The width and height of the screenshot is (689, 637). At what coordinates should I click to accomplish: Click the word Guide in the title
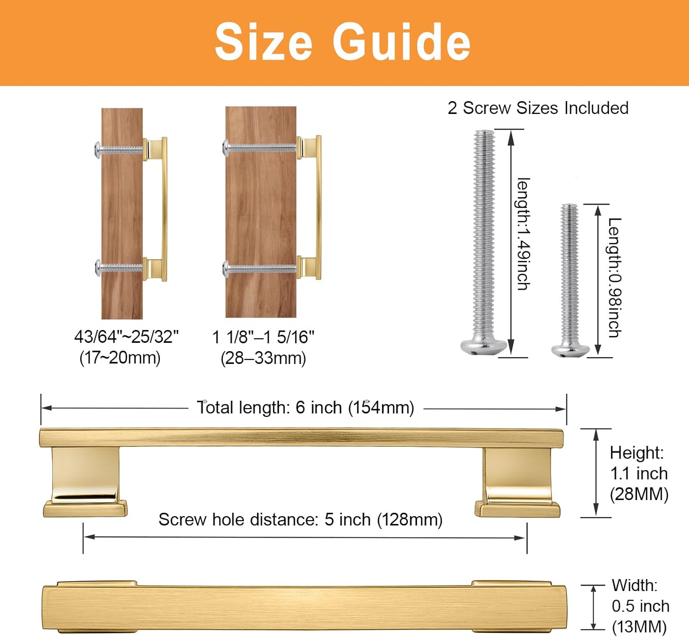tap(401, 42)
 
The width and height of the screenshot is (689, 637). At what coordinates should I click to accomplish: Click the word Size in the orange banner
tap(264, 42)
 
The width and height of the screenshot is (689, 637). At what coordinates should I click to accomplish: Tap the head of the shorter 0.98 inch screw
tap(570, 350)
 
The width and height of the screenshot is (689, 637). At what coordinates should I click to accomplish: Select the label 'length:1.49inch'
tap(524, 233)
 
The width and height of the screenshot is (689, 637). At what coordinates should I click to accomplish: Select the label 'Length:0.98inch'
tap(615, 277)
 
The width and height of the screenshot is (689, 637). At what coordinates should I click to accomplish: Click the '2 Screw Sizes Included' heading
tap(538, 108)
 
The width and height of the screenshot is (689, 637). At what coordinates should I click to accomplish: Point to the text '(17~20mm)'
tap(120, 358)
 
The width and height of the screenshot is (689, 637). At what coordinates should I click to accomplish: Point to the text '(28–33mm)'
tap(263, 358)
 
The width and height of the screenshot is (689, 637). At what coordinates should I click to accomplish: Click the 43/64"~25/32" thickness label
tap(126, 336)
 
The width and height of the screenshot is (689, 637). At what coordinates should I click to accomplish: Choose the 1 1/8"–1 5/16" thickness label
tap(263, 337)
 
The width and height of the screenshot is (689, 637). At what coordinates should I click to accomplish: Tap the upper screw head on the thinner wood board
tap(98, 150)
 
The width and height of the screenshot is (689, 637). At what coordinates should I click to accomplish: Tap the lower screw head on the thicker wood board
tap(226, 269)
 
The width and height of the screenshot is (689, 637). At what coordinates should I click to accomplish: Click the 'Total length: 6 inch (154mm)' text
tap(305, 407)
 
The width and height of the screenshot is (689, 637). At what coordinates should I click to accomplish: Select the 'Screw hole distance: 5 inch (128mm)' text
tap(300, 519)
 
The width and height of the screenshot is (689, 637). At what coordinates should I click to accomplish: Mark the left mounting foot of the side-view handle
tap(85, 482)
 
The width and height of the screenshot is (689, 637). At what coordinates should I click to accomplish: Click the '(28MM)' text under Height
tap(639, 494)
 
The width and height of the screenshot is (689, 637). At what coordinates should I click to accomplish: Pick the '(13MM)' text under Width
tap(639, 626)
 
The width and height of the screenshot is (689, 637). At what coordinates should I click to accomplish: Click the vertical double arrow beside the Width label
tap(593, 607)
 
